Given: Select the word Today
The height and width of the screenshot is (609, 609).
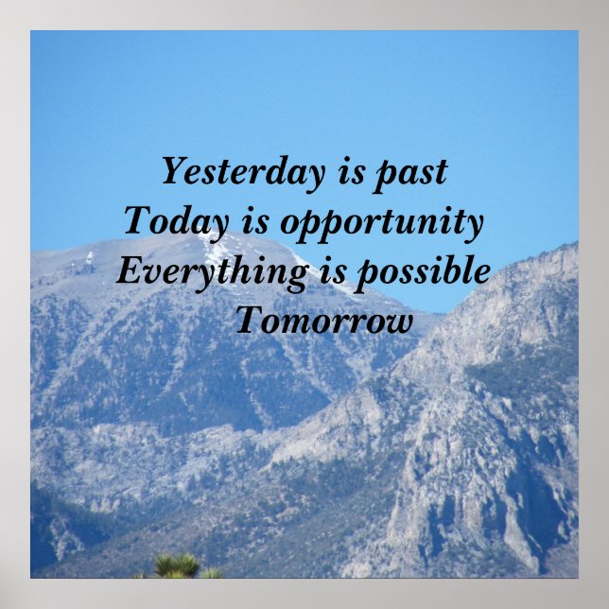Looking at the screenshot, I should tap(176, 222).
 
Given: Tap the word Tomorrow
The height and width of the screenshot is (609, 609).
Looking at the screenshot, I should tap(324, 322).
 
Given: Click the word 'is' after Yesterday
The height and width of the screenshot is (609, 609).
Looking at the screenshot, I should tap(350, 172).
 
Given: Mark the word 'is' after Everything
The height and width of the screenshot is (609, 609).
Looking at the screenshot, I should tap(323, 271).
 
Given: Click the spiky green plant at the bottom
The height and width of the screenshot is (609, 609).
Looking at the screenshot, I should tap(180, 566).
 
